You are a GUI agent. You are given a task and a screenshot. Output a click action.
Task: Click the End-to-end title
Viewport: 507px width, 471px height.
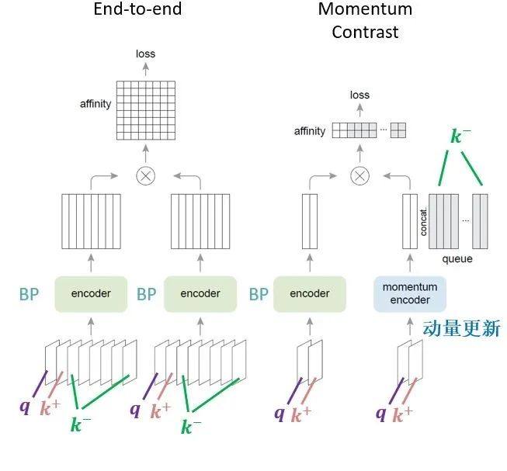point(137,9)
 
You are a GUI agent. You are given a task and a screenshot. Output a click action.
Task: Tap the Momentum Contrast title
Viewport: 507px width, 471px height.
point(365,20)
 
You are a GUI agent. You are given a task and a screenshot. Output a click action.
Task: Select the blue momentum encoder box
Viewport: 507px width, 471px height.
point(410,293)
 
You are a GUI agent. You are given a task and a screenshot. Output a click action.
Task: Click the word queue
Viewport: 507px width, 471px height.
point(457,259)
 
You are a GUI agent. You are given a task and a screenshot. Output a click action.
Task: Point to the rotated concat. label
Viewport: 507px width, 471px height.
point(423,222)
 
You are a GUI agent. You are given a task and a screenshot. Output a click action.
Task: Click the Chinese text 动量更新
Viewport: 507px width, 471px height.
point(462,328)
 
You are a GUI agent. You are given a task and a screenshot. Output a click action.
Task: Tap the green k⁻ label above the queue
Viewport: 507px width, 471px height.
point(460,136)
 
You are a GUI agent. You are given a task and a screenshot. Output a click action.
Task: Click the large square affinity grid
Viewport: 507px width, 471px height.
point(146,110)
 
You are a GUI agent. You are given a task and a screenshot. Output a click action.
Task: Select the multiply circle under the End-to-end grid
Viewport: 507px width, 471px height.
point(146,176)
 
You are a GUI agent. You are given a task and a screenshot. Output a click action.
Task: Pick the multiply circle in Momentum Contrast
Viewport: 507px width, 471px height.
point(360,176)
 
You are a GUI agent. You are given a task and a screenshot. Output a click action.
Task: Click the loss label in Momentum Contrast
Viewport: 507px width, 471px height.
point(359,95)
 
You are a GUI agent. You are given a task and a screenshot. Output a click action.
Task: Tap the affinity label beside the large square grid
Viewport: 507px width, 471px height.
point(95,104)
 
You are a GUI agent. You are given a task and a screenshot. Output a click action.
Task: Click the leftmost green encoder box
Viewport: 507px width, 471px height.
point(91,294)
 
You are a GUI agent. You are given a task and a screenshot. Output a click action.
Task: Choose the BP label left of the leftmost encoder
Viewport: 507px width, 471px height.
point(29,294)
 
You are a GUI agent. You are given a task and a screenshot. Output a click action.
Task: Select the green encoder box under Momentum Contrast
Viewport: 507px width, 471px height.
point(310,294)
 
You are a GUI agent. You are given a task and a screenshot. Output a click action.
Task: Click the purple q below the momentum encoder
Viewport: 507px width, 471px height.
point(381,414)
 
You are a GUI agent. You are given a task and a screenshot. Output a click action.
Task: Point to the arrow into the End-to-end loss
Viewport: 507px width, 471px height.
point(146,69)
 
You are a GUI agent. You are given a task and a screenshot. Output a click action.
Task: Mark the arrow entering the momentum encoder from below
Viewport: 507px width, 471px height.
point(410,326)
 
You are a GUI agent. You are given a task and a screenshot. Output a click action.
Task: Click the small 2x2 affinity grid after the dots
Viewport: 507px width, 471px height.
point(398,130)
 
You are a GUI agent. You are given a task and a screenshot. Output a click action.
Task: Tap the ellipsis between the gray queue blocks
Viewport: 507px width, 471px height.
point(465,220)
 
